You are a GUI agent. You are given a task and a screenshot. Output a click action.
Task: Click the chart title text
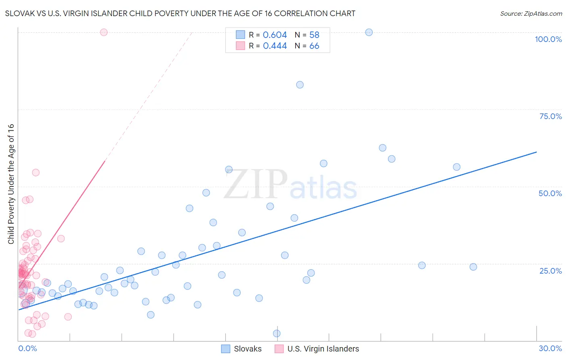[180, 13]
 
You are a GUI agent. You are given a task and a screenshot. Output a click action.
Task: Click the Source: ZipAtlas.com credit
[531, 13]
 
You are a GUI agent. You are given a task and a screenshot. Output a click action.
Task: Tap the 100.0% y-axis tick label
[548, 39]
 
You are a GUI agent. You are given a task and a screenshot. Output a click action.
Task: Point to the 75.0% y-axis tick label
[550, 116]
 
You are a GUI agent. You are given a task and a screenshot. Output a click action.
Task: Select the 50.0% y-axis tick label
[550, 193]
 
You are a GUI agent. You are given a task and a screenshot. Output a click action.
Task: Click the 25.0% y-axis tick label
[550, 271]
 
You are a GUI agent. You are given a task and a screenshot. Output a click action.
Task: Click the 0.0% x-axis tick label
[27, 348]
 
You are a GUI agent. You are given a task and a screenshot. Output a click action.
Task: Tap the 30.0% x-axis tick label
[550, 348]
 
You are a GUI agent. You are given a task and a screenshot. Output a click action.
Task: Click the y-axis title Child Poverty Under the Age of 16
[11, 184]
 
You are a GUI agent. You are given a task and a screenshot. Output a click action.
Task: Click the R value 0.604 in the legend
[275, 35]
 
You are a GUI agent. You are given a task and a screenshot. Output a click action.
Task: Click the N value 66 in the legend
[314, 46]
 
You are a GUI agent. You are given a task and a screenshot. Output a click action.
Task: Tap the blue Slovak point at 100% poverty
[369, 32]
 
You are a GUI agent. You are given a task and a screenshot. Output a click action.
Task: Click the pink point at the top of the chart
[104, 32]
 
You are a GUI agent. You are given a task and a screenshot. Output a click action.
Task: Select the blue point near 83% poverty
[300, 85]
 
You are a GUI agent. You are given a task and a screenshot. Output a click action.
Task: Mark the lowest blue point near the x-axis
[277, 333]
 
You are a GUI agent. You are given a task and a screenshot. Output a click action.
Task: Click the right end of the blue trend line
[536, 152]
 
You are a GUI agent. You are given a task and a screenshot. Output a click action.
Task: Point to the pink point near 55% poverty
[35, 172]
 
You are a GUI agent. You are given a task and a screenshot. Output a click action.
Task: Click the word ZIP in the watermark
[255, 184]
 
